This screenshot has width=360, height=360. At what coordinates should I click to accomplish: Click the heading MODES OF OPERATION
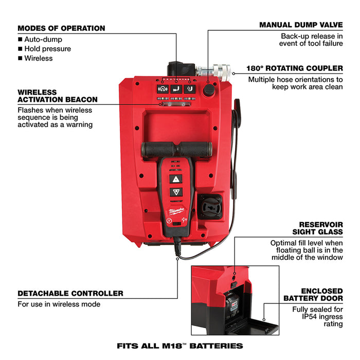click(x=61, y=28)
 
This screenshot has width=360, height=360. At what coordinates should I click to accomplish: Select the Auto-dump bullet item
click(x=43, y=39)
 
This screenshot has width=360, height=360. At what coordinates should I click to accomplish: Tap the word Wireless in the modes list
click(x=38, y=58)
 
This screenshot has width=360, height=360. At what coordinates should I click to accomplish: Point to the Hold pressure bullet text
click(x=47, y=49)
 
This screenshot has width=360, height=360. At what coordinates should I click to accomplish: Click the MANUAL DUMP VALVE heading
click(x=301, y=25)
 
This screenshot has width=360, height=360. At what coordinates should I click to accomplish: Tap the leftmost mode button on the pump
click(x=162, y=88)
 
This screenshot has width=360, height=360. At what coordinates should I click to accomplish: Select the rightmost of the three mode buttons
click(x=189, y=88)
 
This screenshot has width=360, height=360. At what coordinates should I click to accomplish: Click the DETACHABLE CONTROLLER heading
click(x=70, y=293)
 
